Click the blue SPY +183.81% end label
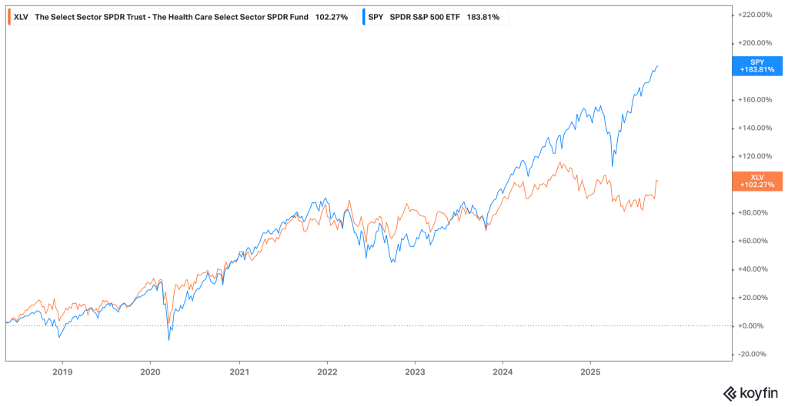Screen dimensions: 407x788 pyautogui.click(x=759, y=65)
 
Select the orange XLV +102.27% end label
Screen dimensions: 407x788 pyautogui.click(x=759, y=182)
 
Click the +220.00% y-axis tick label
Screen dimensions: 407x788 pyautogui.click(x=755, y=15)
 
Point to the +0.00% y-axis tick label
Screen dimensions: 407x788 pyautogui.click(x=753, y=325)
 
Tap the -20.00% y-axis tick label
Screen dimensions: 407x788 pyautogui.click(x=753, y=354)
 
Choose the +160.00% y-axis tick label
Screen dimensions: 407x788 pyautogui.click(x=755, y=99)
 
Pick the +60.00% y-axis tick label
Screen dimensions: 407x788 pyautogui.click(x=753, y=241)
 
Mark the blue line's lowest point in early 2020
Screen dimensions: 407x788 pyautogui.click(x=169, y=339)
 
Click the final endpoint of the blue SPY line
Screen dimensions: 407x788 pyautogui.click(x=657, y=66)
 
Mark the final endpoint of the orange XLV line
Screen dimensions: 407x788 pyautogui.click(x=657, y=181)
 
